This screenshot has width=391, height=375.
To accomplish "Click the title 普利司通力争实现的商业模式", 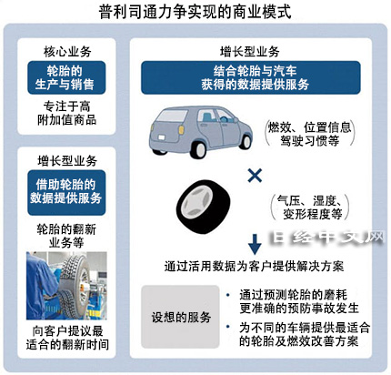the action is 195,12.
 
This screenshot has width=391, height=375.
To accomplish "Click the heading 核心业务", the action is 67,52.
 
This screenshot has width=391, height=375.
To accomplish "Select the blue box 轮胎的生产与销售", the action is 66,77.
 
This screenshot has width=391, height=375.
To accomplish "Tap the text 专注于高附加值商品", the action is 66,113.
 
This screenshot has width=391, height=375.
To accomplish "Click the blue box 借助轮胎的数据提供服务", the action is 66,192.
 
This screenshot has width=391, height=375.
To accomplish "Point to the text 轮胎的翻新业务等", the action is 66,236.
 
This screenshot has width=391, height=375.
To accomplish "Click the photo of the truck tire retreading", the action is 66,286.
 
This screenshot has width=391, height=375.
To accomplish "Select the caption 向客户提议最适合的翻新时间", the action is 67,338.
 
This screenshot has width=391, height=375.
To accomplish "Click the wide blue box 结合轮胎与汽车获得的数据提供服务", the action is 251,77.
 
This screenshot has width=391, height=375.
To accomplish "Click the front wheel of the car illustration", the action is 246,141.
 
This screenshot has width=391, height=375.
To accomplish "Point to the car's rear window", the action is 172,117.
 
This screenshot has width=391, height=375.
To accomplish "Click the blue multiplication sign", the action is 255,176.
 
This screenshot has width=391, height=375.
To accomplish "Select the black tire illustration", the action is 203,207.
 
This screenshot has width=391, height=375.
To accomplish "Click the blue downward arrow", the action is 255,244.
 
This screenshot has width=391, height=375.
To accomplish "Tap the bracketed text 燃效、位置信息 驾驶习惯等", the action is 309,134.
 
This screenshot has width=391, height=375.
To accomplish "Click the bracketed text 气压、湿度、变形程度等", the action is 309,208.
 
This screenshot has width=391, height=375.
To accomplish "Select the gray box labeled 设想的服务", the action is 180,317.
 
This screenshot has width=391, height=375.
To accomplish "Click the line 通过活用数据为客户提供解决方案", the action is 254,267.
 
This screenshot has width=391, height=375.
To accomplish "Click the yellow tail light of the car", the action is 182,129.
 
